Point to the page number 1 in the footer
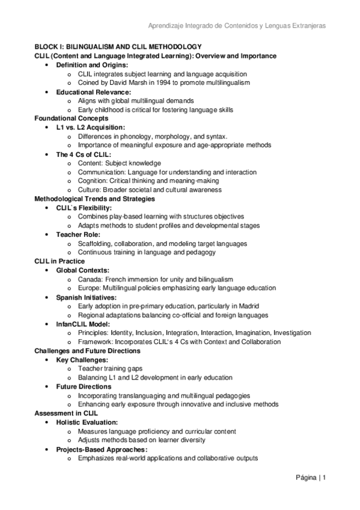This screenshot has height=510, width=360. tap(324, 478)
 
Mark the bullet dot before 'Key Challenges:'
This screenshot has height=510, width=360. tap(47, 360)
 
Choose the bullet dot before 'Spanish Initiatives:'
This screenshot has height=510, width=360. tap(47, 297)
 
